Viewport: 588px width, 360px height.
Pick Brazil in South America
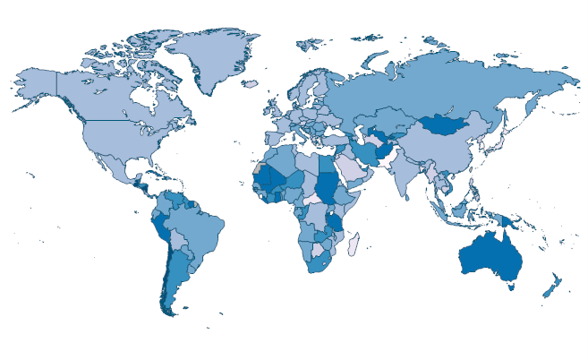tap(192, 224)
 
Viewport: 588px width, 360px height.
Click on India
tap(406, 176)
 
